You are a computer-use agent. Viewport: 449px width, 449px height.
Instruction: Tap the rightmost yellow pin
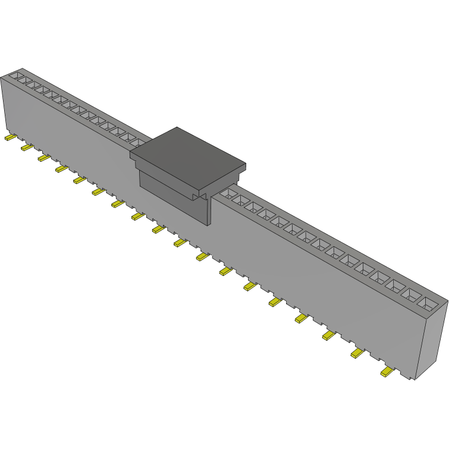(x=387, y=372)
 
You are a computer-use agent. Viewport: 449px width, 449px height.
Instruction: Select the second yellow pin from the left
(x=26, y=147)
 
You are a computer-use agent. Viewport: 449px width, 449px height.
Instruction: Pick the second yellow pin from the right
(x=357, y=353)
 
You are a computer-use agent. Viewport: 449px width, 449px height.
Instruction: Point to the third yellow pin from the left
(x=44, y=158)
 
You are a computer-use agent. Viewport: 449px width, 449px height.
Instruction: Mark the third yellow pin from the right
(x=329, y=336)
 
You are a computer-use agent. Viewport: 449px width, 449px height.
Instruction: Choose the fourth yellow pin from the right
(x=301, y=319)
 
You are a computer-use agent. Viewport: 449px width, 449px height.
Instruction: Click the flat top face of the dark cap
(x=187, y=149)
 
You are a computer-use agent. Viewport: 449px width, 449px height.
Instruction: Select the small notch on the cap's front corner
(x=200, y=194)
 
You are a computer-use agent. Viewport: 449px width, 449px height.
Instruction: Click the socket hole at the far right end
(x=428, y=303)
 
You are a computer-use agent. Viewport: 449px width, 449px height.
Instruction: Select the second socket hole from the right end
(x=412, y=294)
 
